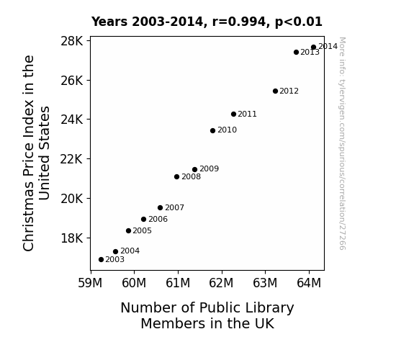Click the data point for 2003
[101, 260]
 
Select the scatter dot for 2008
[176, 176]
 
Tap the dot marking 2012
[275, 91]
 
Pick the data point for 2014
[313, 48]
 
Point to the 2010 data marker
[213, 130]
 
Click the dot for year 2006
[143, 219]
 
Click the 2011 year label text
[247, 114]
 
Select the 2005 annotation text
[142, 231]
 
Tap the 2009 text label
[209, 168]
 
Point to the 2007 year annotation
[174, 208]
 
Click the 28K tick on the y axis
[71, 41]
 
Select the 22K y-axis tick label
[71, 159]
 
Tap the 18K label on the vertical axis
[71, 238]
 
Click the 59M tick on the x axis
[90, 283]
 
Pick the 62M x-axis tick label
[221, 283]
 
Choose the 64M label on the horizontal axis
[309, 283]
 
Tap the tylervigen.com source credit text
[342, 143]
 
